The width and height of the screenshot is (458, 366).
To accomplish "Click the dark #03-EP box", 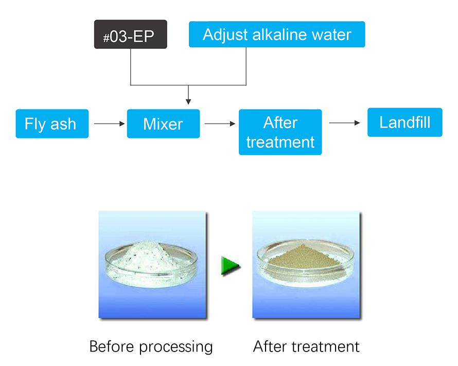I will (131, 35).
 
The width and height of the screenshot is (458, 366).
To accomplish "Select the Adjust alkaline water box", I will (277, 34).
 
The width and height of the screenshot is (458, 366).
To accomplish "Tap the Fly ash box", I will (52, 124).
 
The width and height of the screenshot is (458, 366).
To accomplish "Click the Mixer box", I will (163, 124).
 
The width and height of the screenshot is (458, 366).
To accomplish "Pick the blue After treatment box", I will (280, 132).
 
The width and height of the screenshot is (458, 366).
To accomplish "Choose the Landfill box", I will (404, 123).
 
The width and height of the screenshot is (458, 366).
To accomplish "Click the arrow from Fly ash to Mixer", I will (110, 124).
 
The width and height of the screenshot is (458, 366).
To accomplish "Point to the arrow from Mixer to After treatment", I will (220, 124).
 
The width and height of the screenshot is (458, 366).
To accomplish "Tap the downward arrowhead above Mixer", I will (189, 100).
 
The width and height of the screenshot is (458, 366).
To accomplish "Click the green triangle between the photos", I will (231, 266).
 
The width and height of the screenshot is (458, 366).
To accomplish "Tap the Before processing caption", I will (151, 346).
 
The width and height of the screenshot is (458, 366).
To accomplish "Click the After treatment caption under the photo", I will (306, 346).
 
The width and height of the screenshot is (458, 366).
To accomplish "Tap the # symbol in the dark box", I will (107, 37).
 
